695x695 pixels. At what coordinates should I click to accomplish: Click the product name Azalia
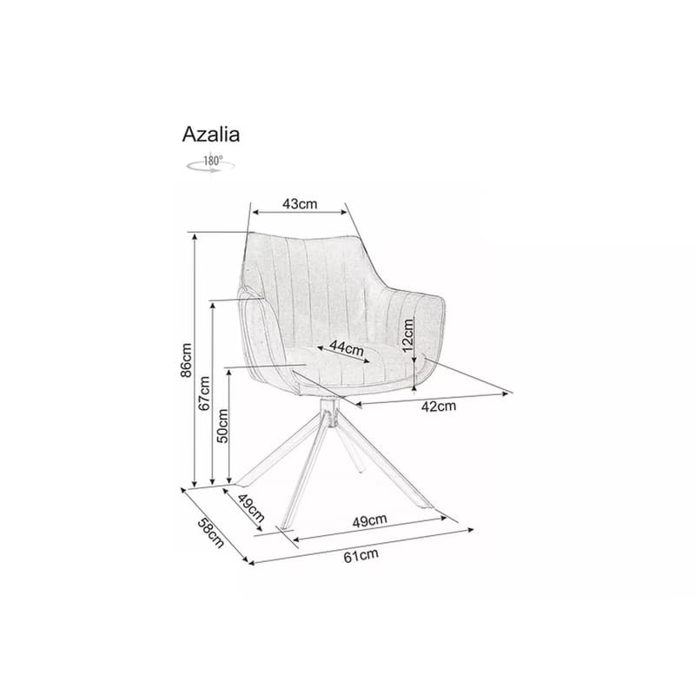pos(211,135)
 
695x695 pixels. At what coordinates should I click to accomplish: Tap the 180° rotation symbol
pos(210,163)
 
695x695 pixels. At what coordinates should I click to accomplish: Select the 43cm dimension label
pos(300,203)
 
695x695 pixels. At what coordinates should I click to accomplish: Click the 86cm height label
pos(186,360)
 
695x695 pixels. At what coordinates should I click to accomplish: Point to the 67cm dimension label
pos(204,394)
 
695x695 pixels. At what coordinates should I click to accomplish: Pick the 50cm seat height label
pos(222,426)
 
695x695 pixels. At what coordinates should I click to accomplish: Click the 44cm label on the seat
pos(347,348)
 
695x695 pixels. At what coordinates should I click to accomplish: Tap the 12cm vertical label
pos(407,335)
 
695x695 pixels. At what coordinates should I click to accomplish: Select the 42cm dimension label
pos(439,406)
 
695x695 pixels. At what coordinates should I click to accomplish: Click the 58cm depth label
pos(210,533)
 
